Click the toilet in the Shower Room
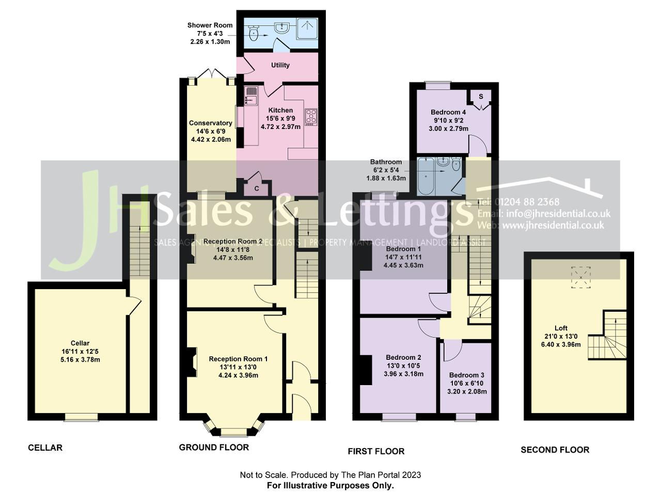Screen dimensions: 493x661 pos(253,35)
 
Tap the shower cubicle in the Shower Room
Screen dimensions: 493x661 pos(308,29)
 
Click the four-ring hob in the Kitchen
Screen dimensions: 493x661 pos(311,116)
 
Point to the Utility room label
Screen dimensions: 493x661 pos(280,65)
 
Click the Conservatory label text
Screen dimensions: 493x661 pos(210,123)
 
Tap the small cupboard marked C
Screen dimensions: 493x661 pos(257,188)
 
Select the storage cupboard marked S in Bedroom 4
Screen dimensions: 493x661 pos(481,97)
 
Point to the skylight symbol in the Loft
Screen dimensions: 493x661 pos(581,277)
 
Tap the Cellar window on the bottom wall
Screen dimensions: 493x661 pos(81,417)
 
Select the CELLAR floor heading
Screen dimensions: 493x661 pos(45,448)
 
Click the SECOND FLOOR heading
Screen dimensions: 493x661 pos(555,450)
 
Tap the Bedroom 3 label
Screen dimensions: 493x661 pos(466,375)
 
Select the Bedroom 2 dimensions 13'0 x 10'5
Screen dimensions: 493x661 pos(403,365)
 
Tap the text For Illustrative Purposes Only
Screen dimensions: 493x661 pos(330,485)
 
